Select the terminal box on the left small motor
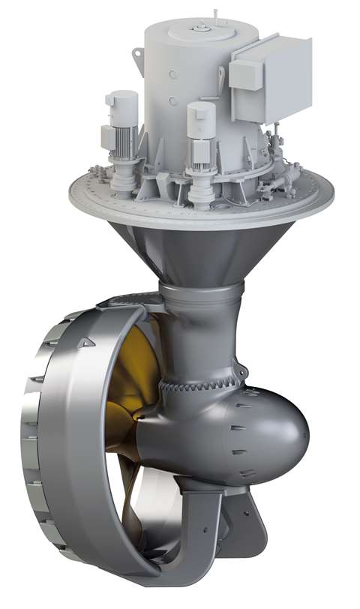[x=106, y=137]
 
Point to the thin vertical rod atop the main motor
[x=214, y=13]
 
